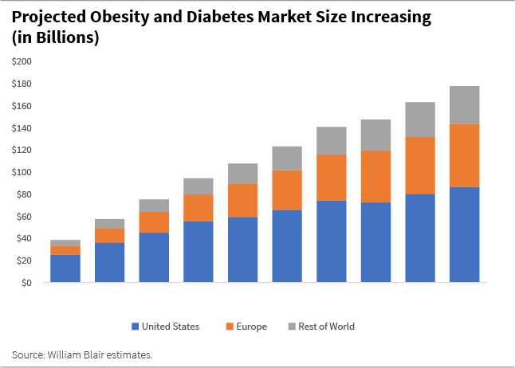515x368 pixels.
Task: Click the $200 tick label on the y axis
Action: [22, 61]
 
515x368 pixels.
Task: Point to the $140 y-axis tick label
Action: [22, 128]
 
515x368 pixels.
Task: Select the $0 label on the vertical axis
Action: [26, 283]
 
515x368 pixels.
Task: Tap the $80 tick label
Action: [24, 194]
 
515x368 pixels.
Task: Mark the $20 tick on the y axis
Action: [24, 260]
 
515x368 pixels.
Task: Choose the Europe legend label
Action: [251, 327]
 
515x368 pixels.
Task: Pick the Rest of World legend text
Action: [326, 327]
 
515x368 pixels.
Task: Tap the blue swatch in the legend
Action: [136, 327]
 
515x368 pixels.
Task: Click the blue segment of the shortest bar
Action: [65, 268]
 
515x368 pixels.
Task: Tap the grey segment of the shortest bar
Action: [65, 243]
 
